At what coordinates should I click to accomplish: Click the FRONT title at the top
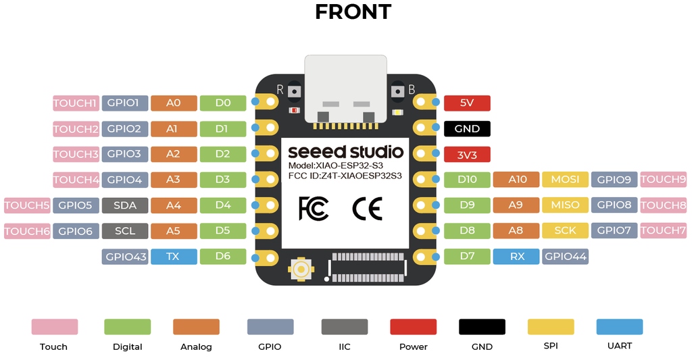(353, 11)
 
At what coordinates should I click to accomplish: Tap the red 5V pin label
(467, 103)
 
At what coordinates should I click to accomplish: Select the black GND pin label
(467, 128)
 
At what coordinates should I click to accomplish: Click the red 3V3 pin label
(467, 155)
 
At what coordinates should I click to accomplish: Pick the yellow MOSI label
(565, 180)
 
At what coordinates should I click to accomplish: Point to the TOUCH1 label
(76, 103)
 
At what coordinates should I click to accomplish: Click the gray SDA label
(125, 205)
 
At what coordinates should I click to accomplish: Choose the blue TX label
(174, 257)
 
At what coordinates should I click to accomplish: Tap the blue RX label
(517, 257)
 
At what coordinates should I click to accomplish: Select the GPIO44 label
(566, 257)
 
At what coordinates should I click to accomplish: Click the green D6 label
(223, 257)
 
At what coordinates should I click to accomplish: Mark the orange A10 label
(517, 180)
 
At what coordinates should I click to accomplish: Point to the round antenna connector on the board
(300, 270)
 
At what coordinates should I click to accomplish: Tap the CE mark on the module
(367, 209)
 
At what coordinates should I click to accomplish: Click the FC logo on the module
(314, 209)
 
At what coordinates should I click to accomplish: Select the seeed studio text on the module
(345, 151)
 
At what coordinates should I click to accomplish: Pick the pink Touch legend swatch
(54, 327)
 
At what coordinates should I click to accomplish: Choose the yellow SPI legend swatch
(551, 327)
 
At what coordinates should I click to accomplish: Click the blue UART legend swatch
(619, 327)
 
